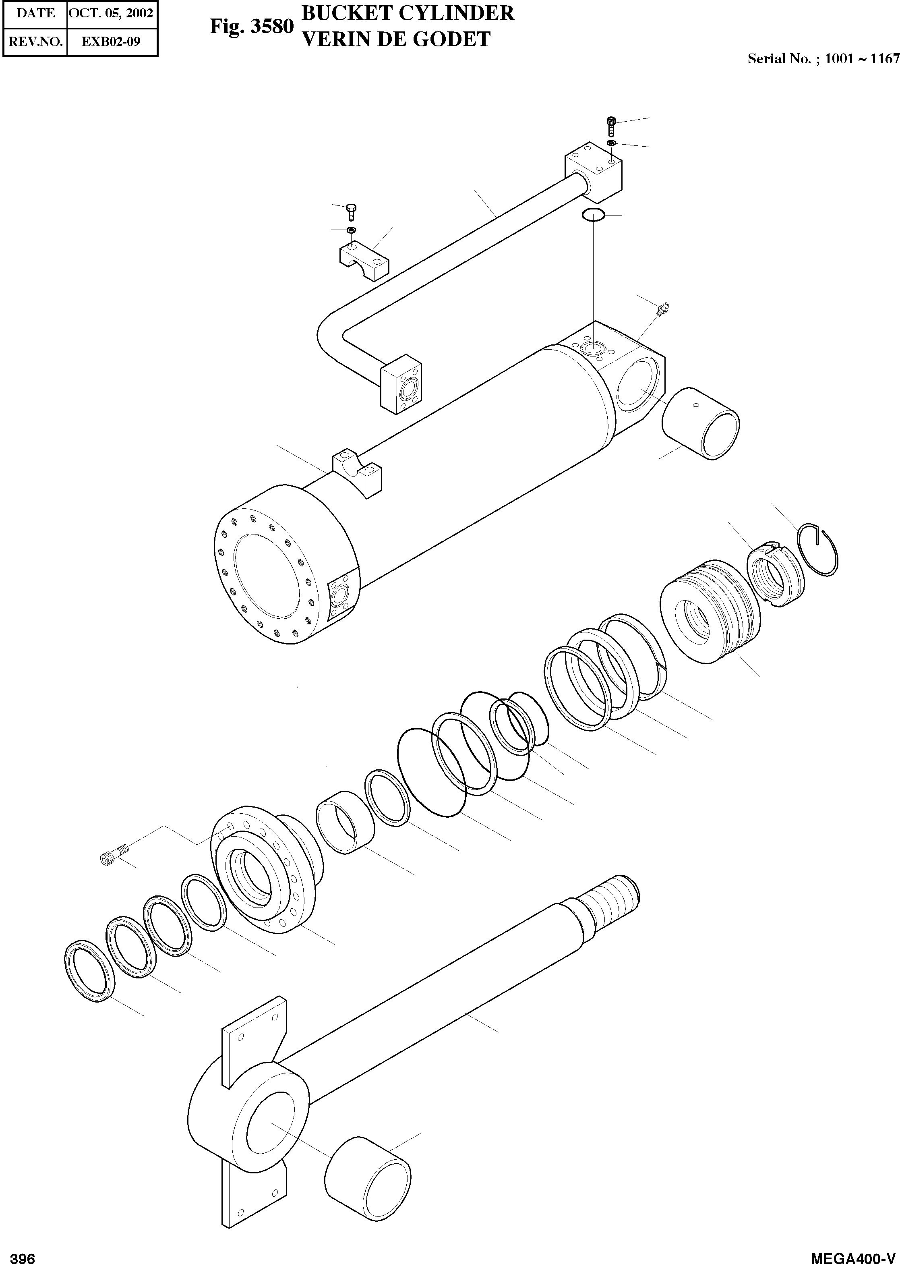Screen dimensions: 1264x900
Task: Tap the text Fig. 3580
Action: coord(251,26)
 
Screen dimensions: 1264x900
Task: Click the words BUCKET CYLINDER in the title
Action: coord(408,13)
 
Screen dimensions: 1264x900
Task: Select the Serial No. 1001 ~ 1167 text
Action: coord(823,59)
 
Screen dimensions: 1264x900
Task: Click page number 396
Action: coord(23,1255)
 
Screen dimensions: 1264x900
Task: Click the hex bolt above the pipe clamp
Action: coord(351,211)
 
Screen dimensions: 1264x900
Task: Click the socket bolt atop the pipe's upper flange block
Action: coord(611,126)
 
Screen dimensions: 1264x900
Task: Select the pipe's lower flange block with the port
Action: coord(400,384)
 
